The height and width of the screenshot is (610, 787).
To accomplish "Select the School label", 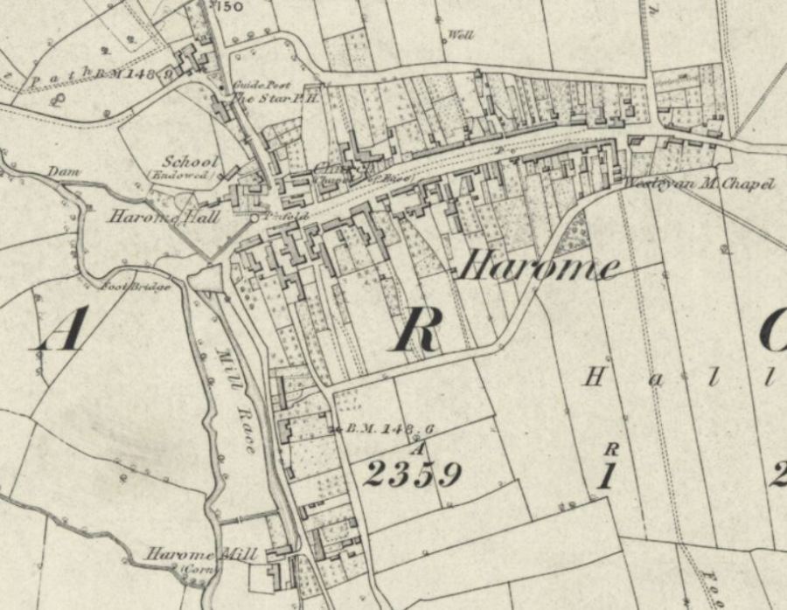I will point(190,163).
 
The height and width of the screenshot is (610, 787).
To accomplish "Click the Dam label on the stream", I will point(59,171).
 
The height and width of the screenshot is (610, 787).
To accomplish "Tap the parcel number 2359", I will point(412,475).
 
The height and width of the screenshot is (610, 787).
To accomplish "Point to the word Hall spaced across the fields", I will point(682,378).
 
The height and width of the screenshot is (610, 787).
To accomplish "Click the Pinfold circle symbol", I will point(254,217).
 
